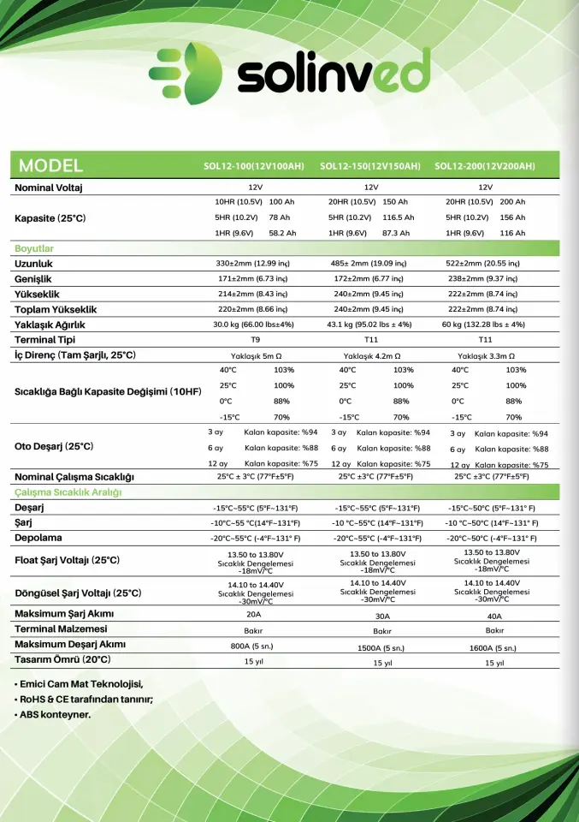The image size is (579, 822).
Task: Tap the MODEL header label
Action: point(50,165)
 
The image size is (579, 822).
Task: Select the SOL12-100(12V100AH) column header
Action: point(254,166)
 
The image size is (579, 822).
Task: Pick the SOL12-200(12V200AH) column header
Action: point(485,166)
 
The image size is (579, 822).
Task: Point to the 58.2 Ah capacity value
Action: point(282,233)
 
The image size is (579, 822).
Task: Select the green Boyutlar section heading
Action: point(34,248)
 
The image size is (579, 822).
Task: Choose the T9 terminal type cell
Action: point(254,340)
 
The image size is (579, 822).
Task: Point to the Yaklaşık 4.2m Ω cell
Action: point(372,355)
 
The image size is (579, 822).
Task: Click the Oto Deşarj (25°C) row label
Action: point(54,447)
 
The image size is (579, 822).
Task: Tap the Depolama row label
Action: point(38,538)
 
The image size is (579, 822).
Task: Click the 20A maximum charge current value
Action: point(254,615)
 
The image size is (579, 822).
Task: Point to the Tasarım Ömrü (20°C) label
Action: point(62,659)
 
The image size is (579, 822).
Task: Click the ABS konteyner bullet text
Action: point(53,714)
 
